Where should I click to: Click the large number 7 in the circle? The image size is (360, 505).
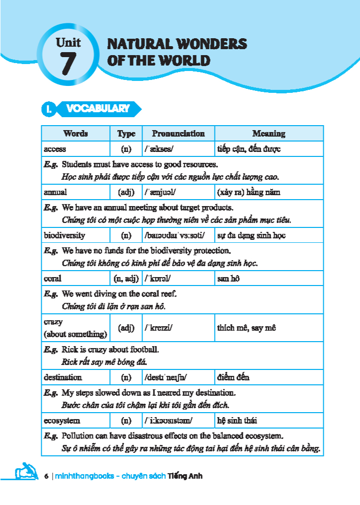[69, 64]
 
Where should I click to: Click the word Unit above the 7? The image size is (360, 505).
[69, 43]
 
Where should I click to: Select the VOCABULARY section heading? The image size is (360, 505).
[98, 109]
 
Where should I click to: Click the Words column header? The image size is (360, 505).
[75, 134]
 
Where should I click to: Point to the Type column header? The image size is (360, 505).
[126, 134]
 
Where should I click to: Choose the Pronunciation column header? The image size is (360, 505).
[178, 134]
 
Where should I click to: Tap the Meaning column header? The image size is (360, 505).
[269, 134]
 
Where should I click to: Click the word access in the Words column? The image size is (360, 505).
[55, 149]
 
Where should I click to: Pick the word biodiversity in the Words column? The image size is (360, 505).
[64, 235]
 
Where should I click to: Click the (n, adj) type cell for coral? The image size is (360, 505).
[126, 279]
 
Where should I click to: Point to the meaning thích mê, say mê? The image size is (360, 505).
[246, 328]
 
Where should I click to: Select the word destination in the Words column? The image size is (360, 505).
[63, 377]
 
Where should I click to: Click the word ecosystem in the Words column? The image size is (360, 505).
[62, 421]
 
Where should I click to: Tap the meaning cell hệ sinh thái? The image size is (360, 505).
[237, 421]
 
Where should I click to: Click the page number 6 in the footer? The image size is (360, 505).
[46, 476]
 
